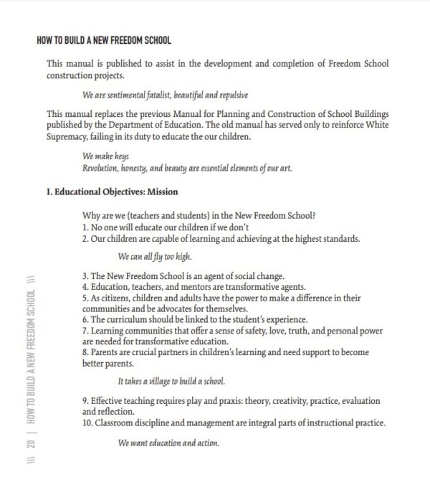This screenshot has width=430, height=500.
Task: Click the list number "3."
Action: click(85, 275)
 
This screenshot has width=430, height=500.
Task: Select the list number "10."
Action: click(88, 423)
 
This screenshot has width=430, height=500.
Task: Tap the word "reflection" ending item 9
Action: click(115, 412)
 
